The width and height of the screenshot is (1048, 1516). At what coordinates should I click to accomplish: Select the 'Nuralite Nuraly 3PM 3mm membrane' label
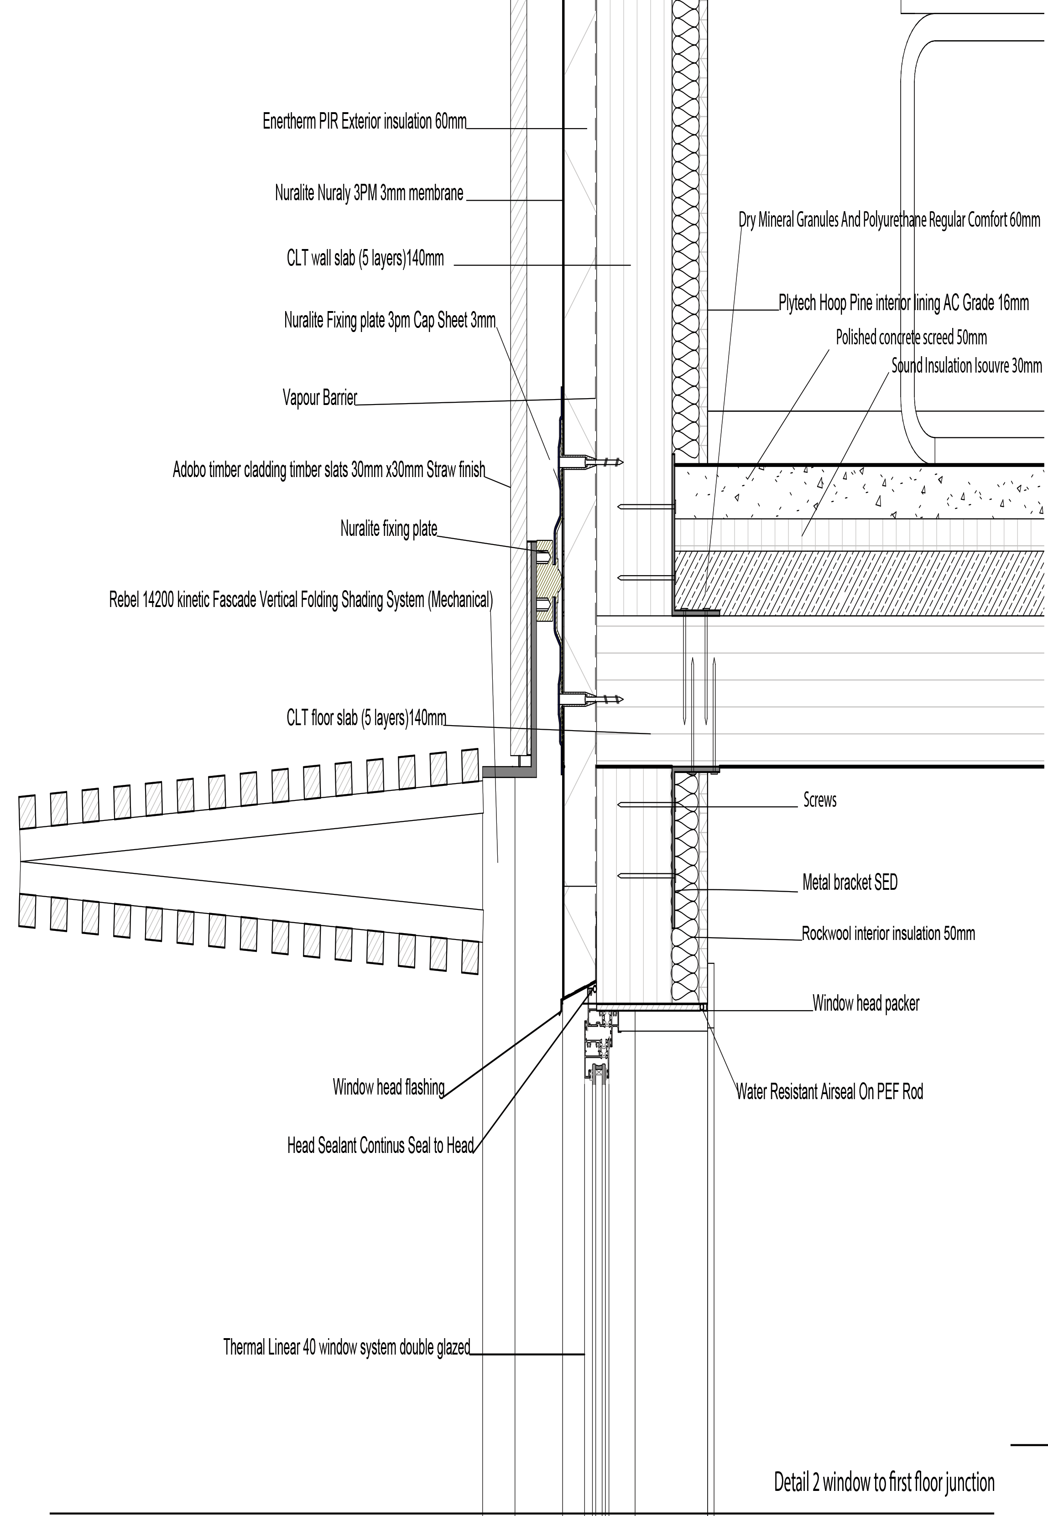click(369, 193)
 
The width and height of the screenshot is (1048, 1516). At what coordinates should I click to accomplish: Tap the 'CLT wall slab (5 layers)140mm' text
click(365, 259)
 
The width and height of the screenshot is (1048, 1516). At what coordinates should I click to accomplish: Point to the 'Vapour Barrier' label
click(320, 398)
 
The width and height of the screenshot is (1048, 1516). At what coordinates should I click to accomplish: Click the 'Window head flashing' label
click(388, 1087)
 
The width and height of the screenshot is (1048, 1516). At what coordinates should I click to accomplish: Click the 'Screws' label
click(819, 800)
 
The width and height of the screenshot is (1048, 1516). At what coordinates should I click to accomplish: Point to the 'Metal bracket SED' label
click(850, 883)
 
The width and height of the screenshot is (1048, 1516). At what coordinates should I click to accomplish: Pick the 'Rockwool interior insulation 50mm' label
click(888, 933)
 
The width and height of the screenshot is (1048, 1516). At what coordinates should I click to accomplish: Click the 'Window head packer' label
click(866, 1003)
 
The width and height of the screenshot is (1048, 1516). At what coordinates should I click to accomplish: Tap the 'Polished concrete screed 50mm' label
click(911, 338)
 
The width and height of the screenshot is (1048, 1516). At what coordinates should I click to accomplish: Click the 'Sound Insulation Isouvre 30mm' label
click(966, 366)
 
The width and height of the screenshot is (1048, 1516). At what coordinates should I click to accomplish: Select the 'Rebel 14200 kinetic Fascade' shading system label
click(301, 600)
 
